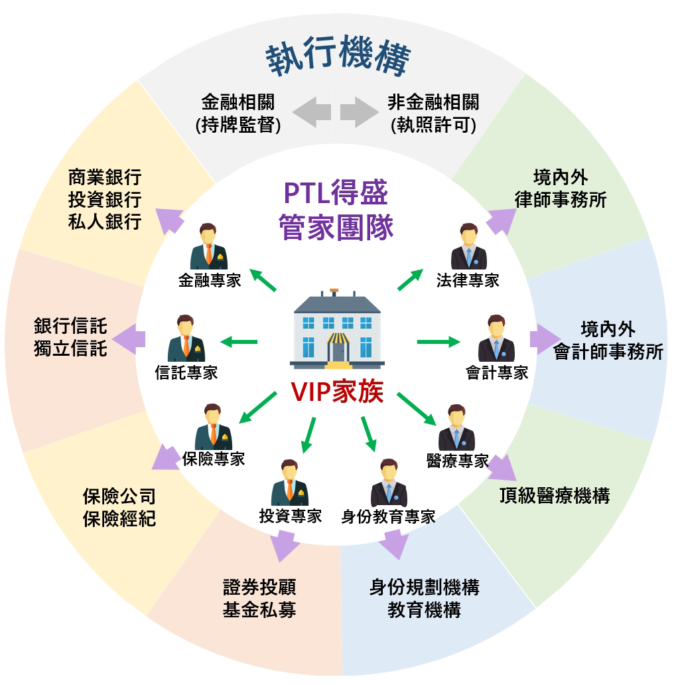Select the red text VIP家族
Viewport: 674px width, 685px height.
(337, 392)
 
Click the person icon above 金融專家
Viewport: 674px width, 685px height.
(209, 246)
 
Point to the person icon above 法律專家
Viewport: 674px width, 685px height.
(468, 246)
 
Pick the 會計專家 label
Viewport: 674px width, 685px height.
(497, 372)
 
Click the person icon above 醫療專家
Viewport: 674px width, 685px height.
(456, 427)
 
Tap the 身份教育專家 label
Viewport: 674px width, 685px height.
(388, 516)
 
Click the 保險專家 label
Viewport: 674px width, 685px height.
(214, 459)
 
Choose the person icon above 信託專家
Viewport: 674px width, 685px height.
(186, 338)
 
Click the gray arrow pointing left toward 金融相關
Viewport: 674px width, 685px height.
(312, 111)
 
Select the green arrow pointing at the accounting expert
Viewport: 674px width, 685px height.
(438, 342)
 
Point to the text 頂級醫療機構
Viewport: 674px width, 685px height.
(554, 496)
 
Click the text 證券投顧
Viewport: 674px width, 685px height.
(259, 587)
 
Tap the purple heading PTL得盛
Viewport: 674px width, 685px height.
(336, 193)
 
